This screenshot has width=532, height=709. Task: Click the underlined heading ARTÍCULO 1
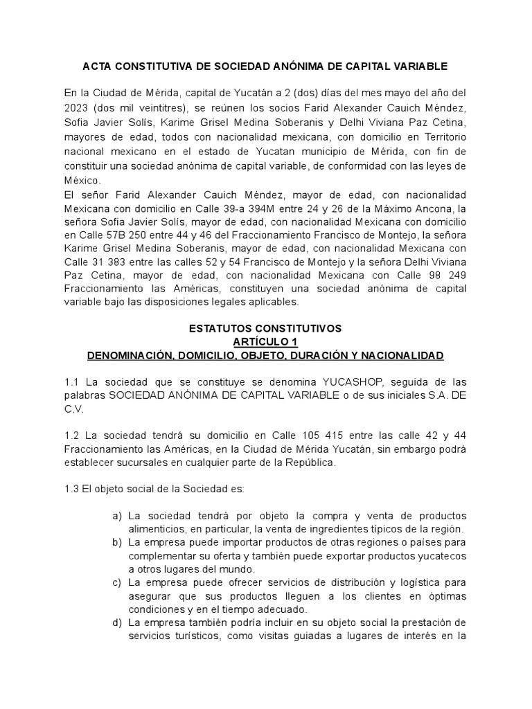265,341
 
